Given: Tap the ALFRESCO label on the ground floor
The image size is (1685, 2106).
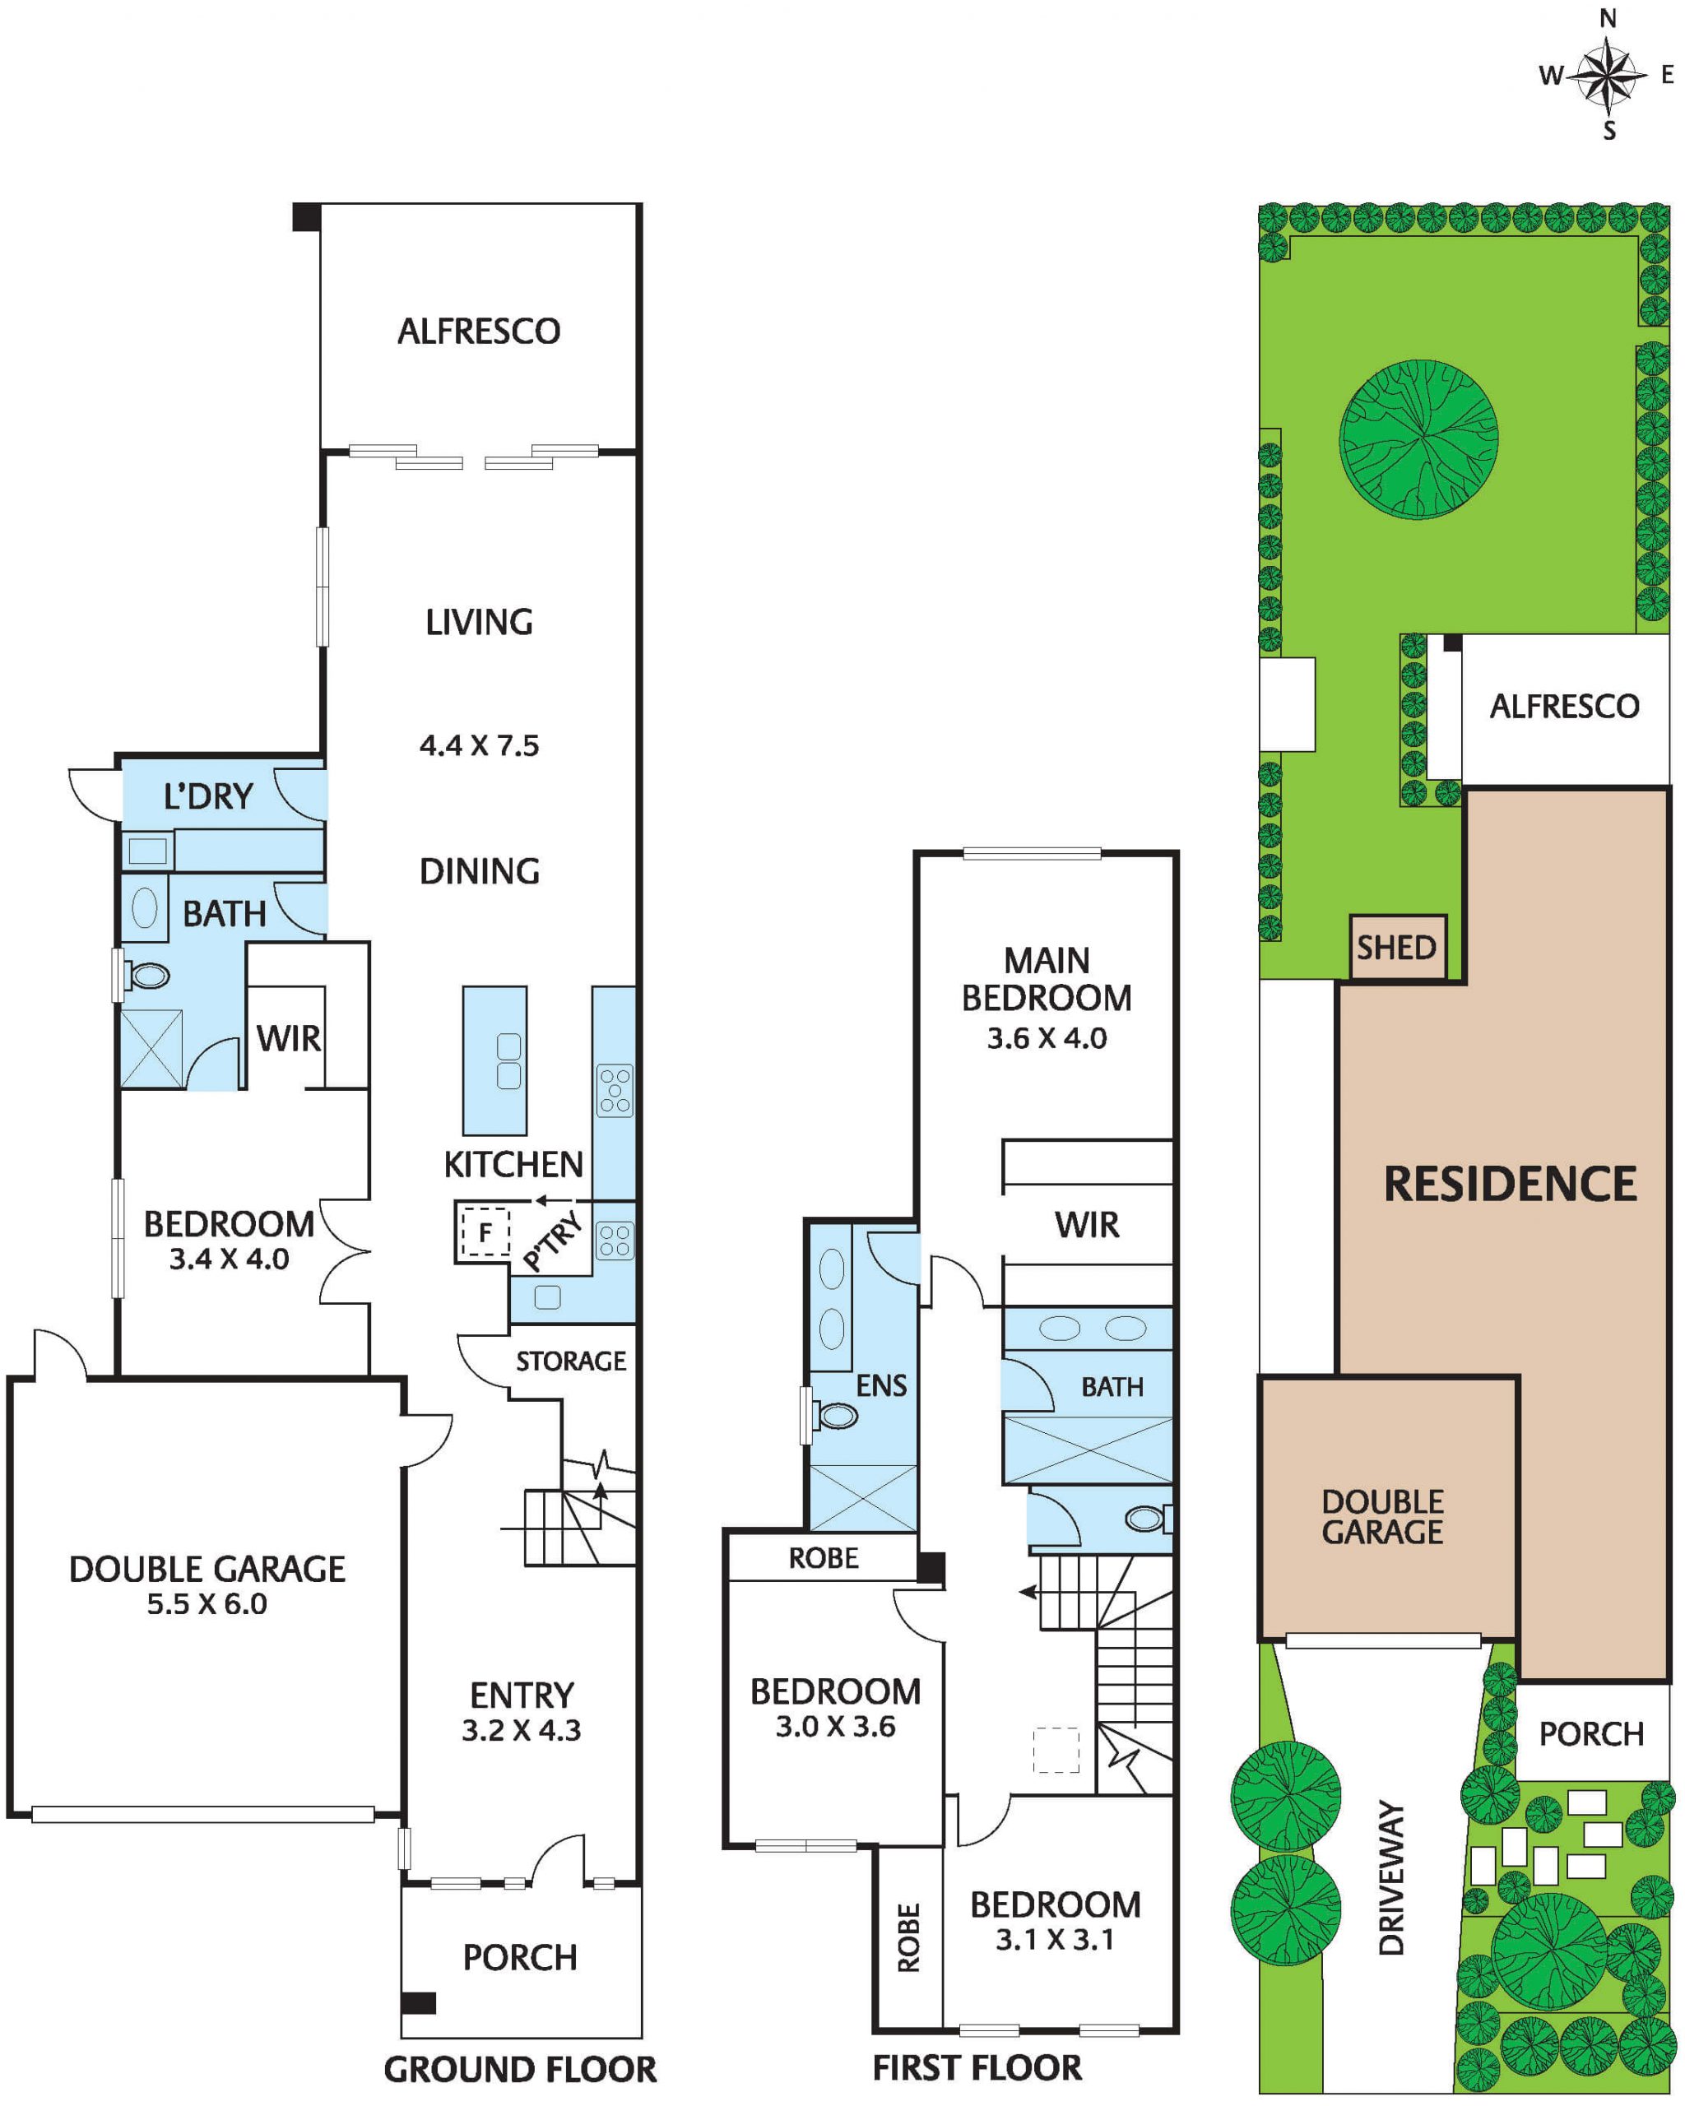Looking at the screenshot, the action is (x=479, y=332).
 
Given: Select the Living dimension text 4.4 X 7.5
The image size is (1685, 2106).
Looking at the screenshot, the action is (x=479, y=746).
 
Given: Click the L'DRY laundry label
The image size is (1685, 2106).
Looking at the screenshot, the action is (x=209, y=796).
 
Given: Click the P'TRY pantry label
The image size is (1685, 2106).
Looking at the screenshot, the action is (x=554, y=1241).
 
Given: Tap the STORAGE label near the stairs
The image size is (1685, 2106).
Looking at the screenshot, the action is (x=570, y=1361).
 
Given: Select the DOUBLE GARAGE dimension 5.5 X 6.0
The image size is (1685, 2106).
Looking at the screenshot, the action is (x=207, y=1604).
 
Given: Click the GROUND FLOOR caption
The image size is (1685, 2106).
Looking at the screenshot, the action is (x=520, y=2069).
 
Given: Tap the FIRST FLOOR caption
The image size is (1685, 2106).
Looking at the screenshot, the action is (x=977, y=2068).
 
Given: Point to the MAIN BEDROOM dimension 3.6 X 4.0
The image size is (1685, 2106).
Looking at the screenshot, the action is (x=1047, y=1037).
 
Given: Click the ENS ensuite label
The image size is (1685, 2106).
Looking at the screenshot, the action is (x=881, y=1385).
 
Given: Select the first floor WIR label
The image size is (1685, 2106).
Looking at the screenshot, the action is (x=1087, y=1225).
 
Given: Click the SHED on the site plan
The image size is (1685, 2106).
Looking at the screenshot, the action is (x=1397, y=948).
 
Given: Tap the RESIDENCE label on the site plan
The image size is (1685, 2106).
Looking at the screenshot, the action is (x=1510, y=1184).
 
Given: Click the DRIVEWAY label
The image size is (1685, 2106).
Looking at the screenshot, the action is (x=1391, y=1877).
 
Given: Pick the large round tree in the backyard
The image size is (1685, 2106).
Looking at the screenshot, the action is (x=1418, y=438).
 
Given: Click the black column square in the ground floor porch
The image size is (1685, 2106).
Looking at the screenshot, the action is (x=418, y=2002).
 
